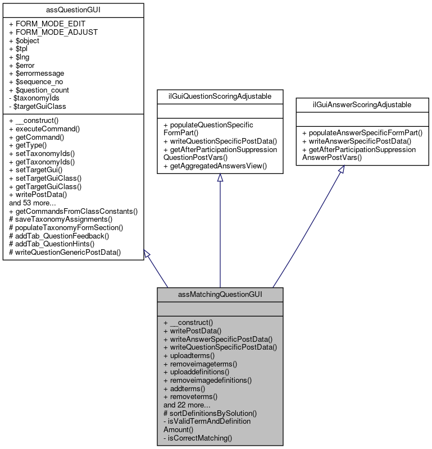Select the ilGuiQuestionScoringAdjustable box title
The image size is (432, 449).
coord(220,97)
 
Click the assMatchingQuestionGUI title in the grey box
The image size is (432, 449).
coord(220,294)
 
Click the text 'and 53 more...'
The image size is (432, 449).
coord(32,203)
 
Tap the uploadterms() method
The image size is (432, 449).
coord(189,356)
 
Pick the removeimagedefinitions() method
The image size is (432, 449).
coord(207,380)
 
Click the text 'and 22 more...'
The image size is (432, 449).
coord(187,405)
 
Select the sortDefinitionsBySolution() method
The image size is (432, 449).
coord(210,413)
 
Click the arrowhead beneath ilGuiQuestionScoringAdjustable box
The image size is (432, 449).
coord(220,178)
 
